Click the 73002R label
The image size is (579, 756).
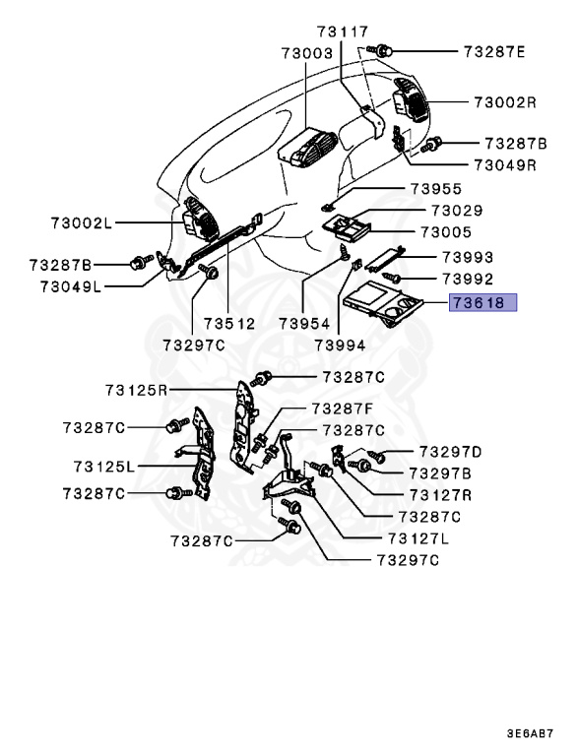pyautogui.click(x=504, y=101)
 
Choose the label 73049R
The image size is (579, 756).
pyautogui.click(x=504, y=164)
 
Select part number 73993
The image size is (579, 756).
pyautogui.click(x=467, y=257)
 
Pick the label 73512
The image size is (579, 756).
pyautogui.click(x=228, y=323)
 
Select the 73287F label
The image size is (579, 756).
pyautogui.click(x=342, y=408)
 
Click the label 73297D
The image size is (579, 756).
pyautogui.click(x=450, y=452)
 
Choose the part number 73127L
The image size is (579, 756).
pyautogui.click(x=418, y=538)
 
